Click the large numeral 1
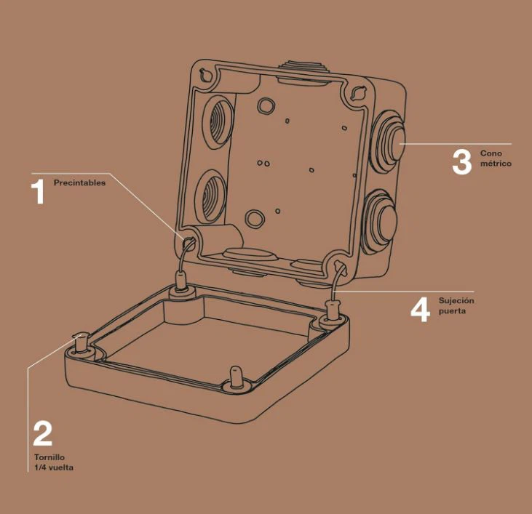click(x=39, y=192)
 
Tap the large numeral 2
click(x=43, y=433)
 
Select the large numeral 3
click(x=461, y=162)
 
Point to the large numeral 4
click(x=421, y=310)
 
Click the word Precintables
click(x=79, y=182)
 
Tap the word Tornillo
click(x=49, y=457)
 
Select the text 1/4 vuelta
click(x=54, y=467)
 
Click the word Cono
click(x=491, y=153)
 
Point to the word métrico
click(x=496, y=164)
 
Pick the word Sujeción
click(x=456, y=300)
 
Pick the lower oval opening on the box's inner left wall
click(x=211, y=197)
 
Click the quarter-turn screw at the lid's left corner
click(x=81, y=343)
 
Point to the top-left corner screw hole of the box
click(x=206, y=75)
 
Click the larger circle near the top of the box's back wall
click(x=266, y=105)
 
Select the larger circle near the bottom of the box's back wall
click(x=255, y=218)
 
